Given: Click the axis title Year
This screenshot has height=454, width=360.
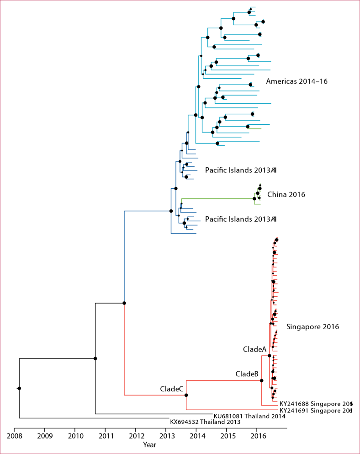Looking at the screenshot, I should click(149, 444).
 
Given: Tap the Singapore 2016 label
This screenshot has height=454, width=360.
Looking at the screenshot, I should click(312, 327).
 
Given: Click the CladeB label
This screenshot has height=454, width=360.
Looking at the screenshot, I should click(247, 374).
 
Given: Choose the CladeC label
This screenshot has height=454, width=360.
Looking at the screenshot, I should click(171, 389).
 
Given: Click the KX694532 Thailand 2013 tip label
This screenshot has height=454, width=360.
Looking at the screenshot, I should click(206, 421).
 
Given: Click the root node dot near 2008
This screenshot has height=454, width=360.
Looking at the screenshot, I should click(19, 388).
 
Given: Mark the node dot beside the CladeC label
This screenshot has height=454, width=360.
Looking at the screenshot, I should click(186, 395).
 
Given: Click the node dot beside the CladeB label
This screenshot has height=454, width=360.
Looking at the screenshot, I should click(262, 380).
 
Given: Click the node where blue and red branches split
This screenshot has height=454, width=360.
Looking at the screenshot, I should click(124, 303).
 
